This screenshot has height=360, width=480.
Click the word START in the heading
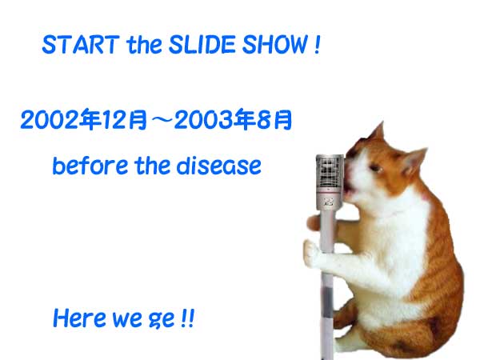tap(81, 45)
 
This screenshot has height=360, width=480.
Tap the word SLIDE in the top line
tap(202, 45)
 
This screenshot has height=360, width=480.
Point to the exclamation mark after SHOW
tap(317, 45)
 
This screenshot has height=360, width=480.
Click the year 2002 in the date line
tap(50, 120)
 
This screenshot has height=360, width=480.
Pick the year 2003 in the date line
tap(204, 120)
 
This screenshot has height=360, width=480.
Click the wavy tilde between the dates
tap(161, 120)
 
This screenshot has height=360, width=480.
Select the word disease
tap(219, 166)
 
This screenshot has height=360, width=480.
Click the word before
tap(90, 166)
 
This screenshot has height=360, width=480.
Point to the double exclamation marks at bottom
tap(187, 318)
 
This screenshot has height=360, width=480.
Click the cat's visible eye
tap(375, 167)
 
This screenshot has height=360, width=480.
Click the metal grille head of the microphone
tap(330, 172)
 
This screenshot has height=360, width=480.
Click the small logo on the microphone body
tap(329, 202)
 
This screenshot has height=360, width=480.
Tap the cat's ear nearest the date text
tap(377, 131)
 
